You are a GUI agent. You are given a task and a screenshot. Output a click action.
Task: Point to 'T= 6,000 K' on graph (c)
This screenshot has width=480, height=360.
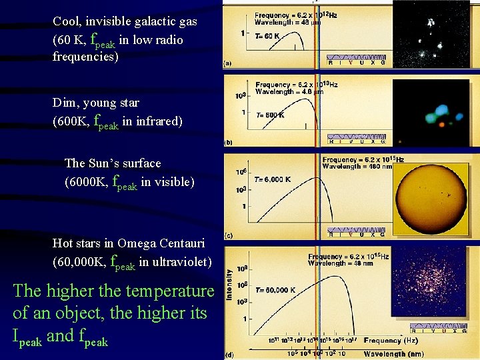[x=272, y=179]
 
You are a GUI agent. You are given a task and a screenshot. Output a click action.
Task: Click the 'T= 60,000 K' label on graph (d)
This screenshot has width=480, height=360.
[x=272, y=290]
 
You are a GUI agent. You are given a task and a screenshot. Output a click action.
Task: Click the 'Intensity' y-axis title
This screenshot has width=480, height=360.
[x=230, y=283]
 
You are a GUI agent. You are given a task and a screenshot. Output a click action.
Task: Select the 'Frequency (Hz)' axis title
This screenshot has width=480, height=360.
[x=391, y=341]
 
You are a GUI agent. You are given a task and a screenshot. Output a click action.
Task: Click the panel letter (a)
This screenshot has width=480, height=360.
[x=228, y=65]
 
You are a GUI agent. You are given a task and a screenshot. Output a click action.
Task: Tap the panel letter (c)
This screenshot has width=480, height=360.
[x=228, y=235]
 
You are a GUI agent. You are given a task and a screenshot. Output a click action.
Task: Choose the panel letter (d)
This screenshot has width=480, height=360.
[x=229, y=353]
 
